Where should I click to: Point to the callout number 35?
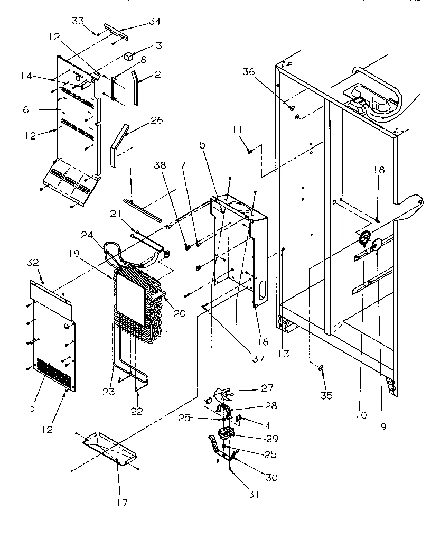(x=327, y=396)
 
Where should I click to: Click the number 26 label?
(x=156, y=120)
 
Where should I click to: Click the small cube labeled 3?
(x=129, y=55)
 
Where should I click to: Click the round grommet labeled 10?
(x=363, y=240)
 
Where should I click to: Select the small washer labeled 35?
(x=320, y=368)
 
